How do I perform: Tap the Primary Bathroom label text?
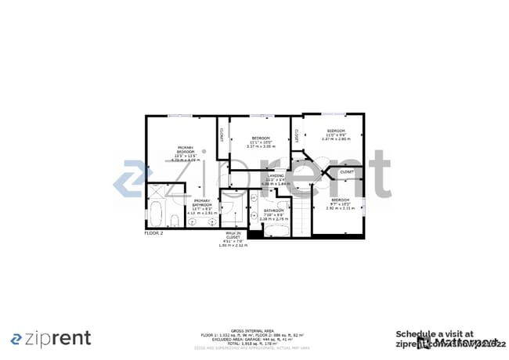pyautogui.click(x=202, y=207)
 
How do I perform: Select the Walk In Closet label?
pyautogui.click(x=233, y=239)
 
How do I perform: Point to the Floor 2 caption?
pyautogui.click(x=153, y=233)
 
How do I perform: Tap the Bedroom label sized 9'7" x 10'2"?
pyautogui.click(x=335, y=203)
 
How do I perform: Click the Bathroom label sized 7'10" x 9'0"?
pyautogui.click(x=273, y=214)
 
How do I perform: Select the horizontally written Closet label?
pyautogui.click(x=346, y=172)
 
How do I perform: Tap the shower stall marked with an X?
pyautogui.click(x=159, y=192)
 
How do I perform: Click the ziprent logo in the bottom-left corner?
pyautogui.click(x=51, y=338)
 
